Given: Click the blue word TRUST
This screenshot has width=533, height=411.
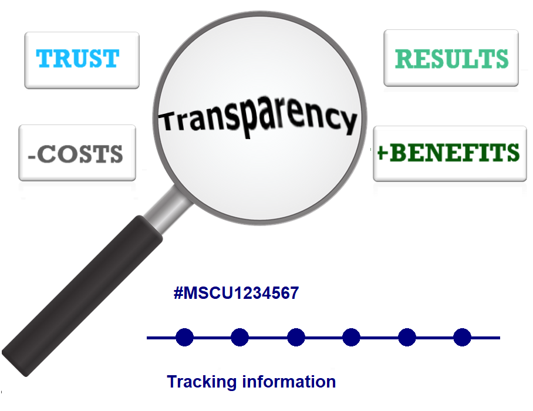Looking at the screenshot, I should pos(77,59).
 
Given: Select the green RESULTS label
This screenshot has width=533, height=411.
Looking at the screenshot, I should pos(451,59).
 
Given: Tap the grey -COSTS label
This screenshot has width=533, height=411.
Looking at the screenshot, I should pos(76,154).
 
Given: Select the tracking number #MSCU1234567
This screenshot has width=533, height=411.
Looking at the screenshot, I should pos(237,293).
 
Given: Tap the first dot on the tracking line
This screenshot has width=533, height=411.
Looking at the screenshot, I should pos(184,338).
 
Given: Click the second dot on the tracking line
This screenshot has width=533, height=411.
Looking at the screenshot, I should pos(239,338).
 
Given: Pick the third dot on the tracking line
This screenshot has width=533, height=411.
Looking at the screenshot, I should pos(296,338).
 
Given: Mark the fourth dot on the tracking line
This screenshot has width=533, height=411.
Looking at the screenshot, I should pos(351,338).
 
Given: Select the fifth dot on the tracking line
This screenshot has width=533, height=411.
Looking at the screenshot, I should pos(407,338).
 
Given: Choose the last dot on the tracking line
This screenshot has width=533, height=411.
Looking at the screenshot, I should pos(462,338).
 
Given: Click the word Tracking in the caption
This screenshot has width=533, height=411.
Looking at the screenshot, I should pos(196,382).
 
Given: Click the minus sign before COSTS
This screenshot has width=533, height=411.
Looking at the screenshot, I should pos(33,156).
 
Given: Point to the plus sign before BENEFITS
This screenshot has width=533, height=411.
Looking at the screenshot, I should pos(382,153).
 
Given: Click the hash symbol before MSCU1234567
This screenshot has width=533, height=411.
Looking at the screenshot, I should pos(178,293).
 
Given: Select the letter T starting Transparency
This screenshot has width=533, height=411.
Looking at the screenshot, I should pos(169,120).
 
